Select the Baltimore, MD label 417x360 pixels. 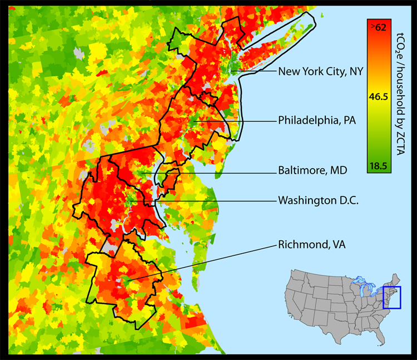312,171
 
